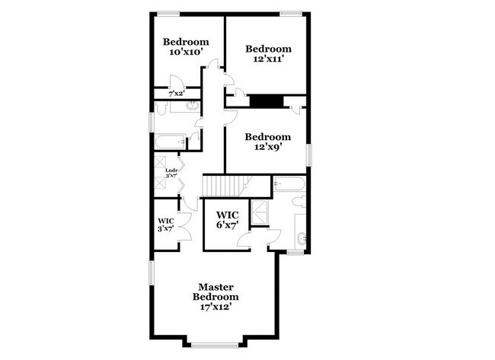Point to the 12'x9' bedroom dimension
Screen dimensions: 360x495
[267, 148]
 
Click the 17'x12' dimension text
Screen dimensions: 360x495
[216, 307]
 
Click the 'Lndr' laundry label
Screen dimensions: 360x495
[171, 170]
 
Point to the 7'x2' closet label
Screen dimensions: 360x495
[177, 94]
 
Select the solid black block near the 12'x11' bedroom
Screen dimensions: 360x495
[267, 101]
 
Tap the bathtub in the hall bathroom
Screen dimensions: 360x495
[168, 142]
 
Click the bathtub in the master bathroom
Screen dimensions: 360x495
[289, 183]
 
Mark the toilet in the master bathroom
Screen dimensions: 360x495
[299, 202]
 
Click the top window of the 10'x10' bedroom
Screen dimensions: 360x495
[168, 12]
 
